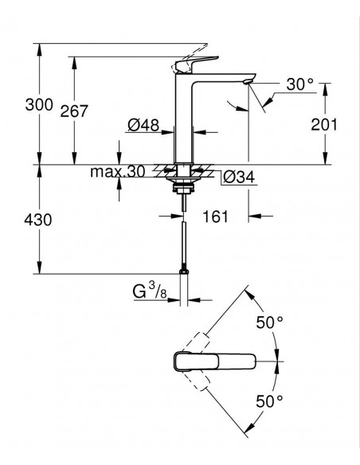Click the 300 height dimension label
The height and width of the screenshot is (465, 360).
point(39,104)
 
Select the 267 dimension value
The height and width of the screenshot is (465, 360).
point(74,111)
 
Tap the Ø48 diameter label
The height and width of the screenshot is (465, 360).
point(143,125)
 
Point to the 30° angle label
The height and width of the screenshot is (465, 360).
point(299,84)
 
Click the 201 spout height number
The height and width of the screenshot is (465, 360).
point(324,124)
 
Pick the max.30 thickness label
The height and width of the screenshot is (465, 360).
point(118,171)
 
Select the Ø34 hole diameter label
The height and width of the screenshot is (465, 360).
point(239,178)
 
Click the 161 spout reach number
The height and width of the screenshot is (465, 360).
point(216,217)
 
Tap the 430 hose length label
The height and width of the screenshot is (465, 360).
point(38,220)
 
